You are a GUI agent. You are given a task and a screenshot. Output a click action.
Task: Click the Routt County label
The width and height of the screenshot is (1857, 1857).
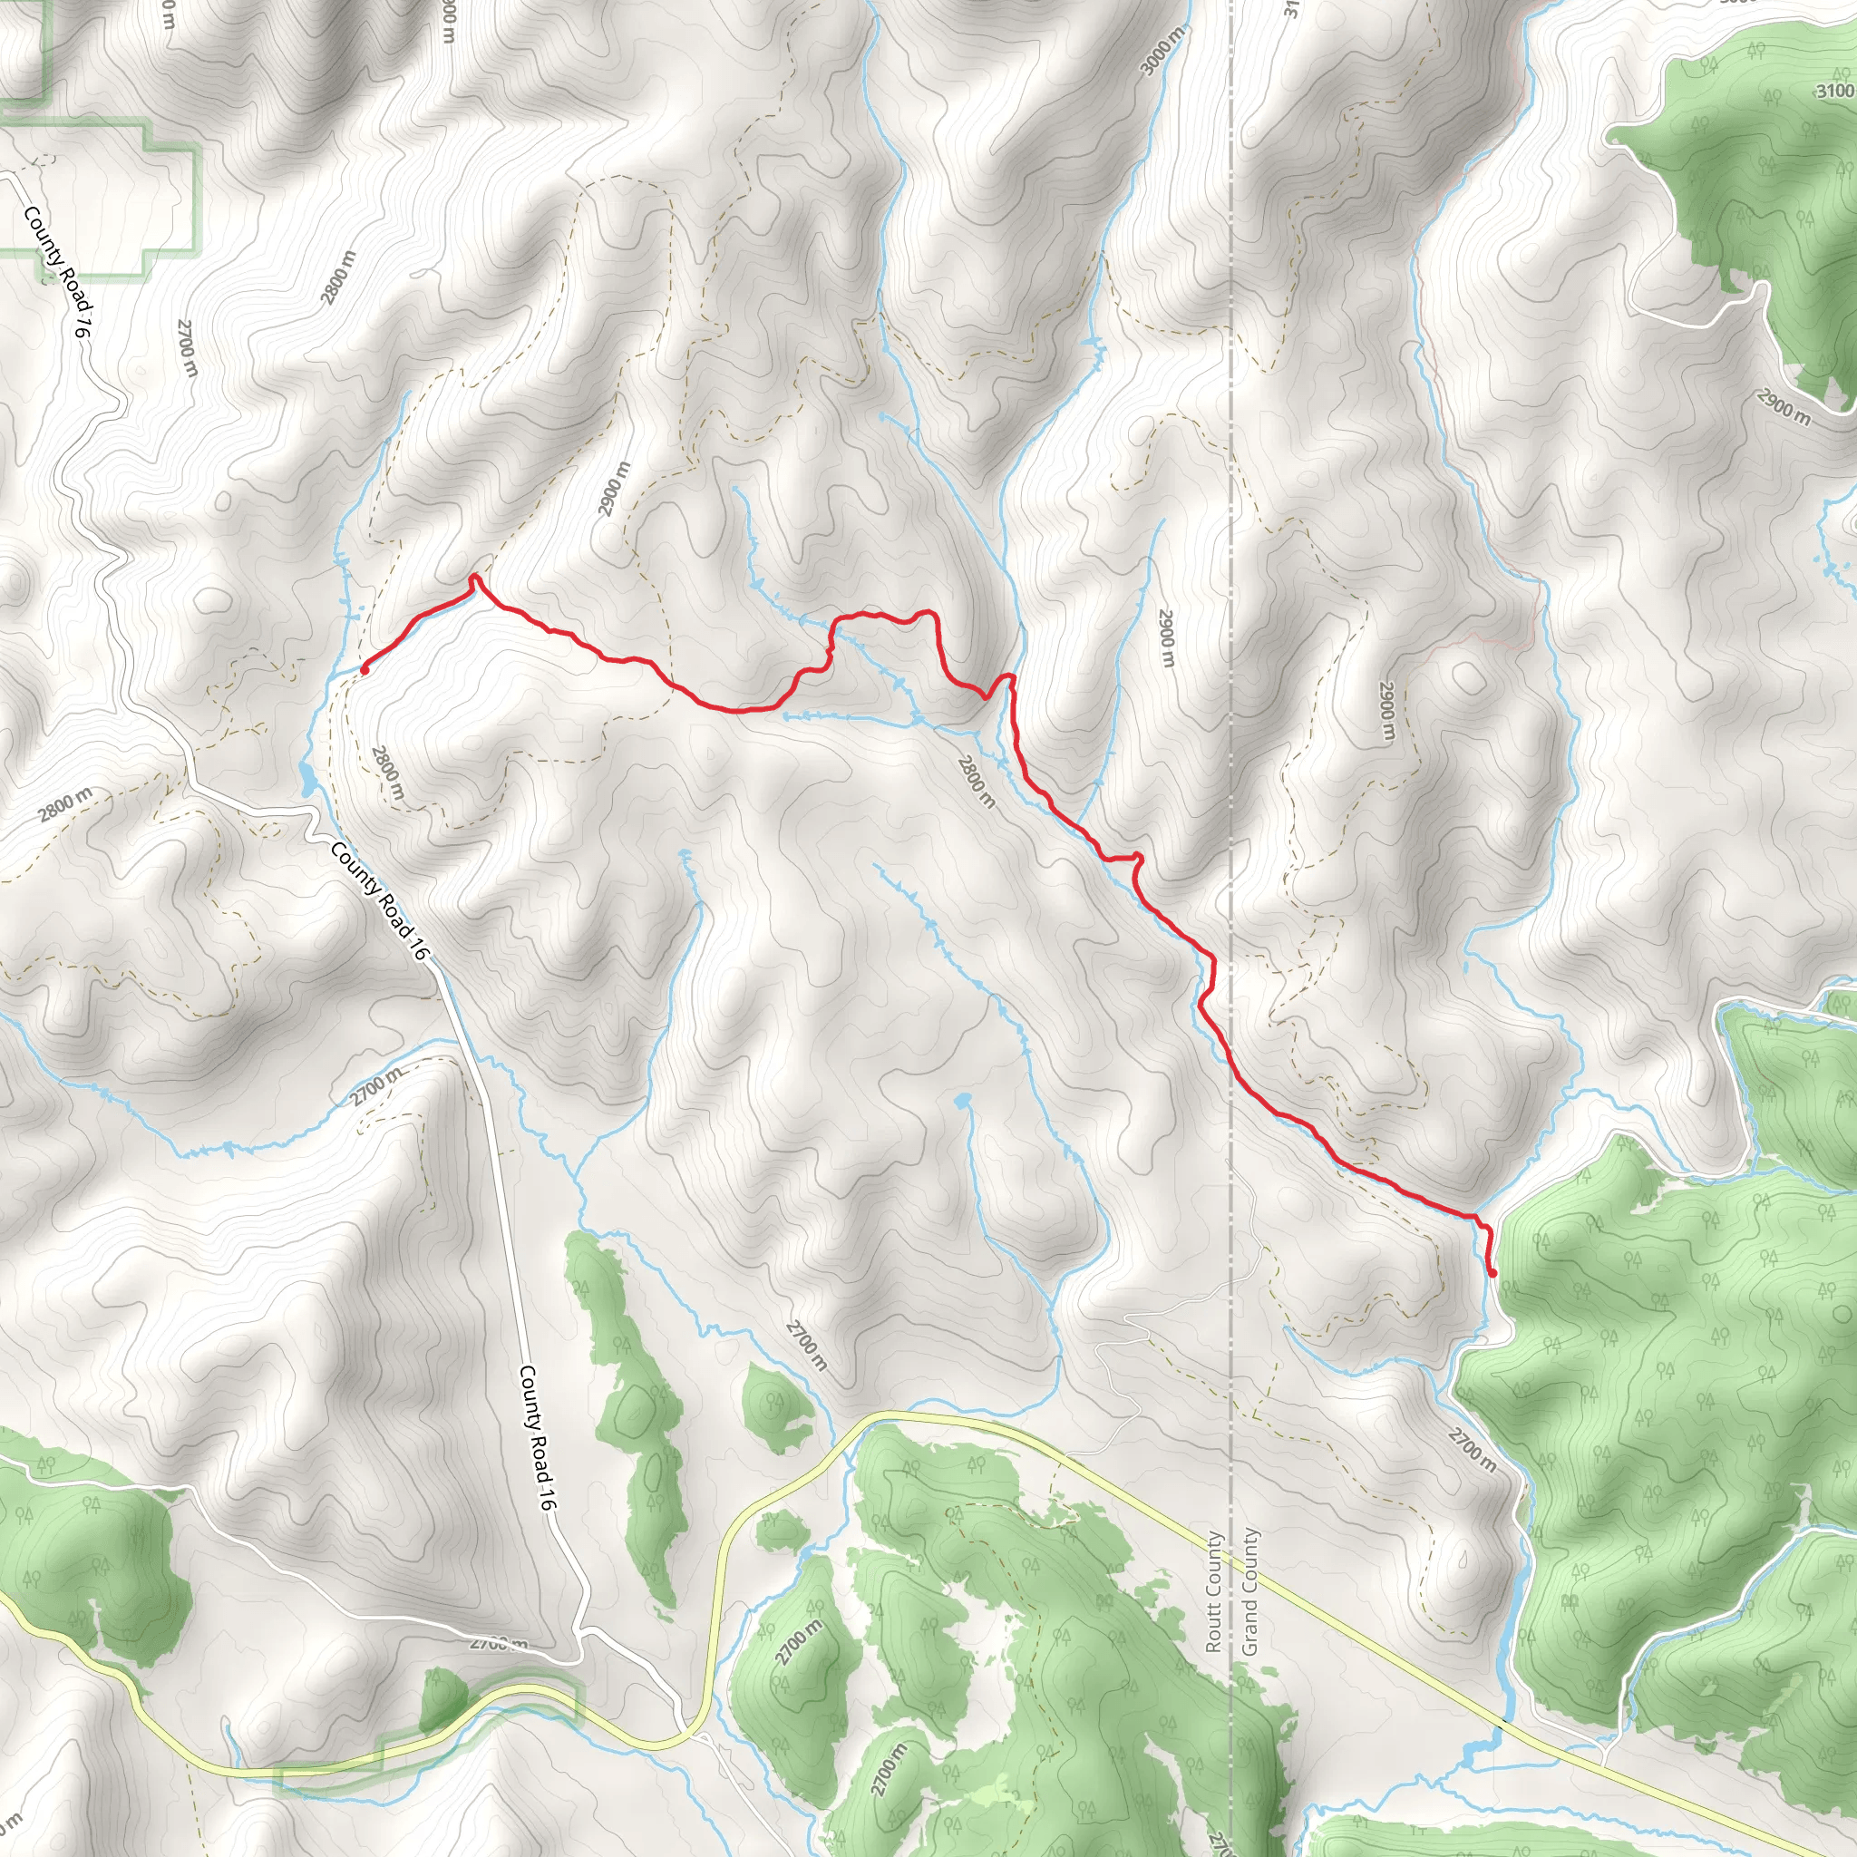click(1213, 1590)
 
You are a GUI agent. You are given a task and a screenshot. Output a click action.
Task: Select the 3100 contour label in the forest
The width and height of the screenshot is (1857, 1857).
click(1834, 92)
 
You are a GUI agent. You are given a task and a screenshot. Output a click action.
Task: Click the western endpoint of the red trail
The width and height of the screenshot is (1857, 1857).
click(365, 670)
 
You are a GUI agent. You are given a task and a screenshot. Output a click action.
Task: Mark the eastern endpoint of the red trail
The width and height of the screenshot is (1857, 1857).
click(1492, 1275)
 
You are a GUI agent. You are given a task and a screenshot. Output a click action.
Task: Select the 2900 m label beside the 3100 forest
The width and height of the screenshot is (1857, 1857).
click(1784, 406)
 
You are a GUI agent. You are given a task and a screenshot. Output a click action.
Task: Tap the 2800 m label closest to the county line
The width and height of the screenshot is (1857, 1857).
click(976, 781)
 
